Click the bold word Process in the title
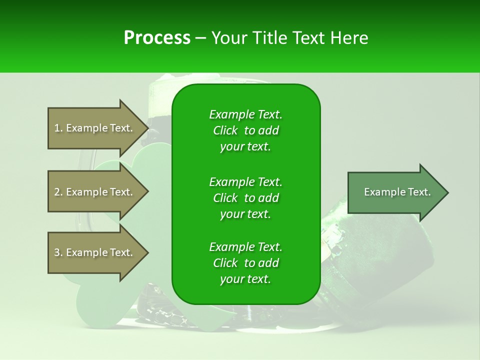pos(157,38)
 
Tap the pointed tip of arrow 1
pos(147,128)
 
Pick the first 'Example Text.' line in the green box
pos(245,114)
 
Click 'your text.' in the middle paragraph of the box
pos(245,214)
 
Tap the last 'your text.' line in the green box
pos(245,279)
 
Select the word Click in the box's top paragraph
pos(225,131)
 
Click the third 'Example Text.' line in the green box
pos(245,247)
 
